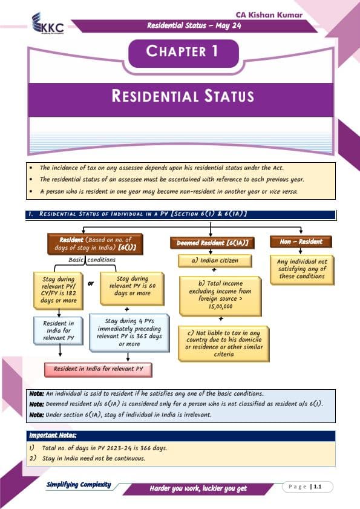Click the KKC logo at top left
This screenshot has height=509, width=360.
tap(48, 24)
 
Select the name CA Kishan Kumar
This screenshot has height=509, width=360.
tap(269, 15)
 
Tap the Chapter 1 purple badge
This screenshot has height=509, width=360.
tap(184, 53)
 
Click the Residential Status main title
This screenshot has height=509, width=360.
tap(183, 96)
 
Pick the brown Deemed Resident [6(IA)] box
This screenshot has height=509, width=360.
tap(212, 243)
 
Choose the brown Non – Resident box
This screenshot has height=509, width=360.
tap(301, 242)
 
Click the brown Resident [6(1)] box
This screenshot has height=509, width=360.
tap(95, 244)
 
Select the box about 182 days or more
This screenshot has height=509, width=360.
tap(59, 290)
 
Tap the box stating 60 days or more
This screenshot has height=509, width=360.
tap(132, 288)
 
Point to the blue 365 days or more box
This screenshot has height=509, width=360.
tap(129, 333)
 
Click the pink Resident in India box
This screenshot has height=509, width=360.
tap(98, 369)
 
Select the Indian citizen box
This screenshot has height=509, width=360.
tap(215, 261)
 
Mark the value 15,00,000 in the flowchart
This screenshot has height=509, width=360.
tap(220, 306)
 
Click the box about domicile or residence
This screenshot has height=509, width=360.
tap(224, 343)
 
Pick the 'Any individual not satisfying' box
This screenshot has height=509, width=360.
tap(302, 269)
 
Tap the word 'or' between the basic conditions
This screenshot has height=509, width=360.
tap(91, 283)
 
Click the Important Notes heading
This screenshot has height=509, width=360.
tap(53, 435)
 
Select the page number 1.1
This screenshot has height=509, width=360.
tap(318, 487)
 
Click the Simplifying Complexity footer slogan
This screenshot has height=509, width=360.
tap(79, 485)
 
